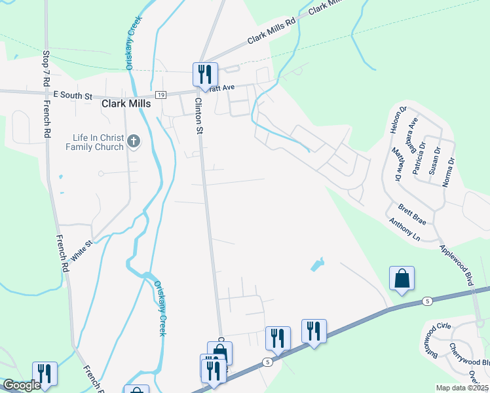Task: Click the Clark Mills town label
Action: [126, 103]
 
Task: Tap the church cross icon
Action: [134, 141]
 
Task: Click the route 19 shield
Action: [160, 95]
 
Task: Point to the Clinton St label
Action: [198, 116]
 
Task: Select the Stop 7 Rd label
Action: [46, 68]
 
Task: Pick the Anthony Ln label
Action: [404, 230]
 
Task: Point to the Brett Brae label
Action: [412, 215]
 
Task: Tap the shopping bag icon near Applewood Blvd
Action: [402, 278]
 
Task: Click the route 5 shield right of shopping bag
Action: [427, 301]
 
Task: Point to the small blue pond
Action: [317, 265]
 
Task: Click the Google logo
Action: [21, 386]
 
